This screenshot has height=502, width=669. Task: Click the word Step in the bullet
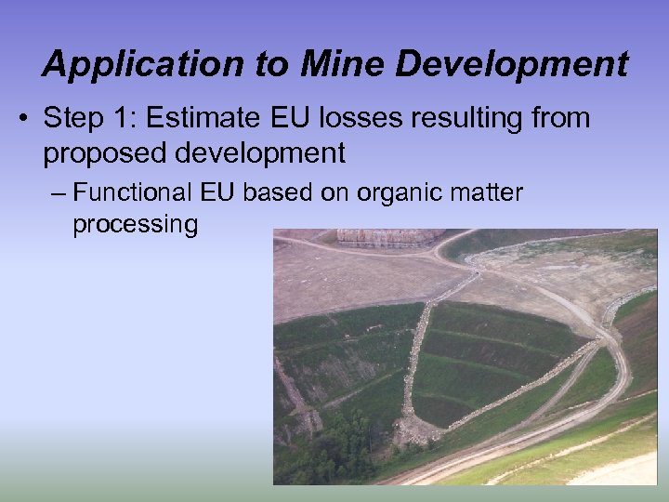[73, 119]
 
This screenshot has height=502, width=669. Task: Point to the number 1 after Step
[125, 119]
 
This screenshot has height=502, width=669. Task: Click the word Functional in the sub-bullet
[132, 193]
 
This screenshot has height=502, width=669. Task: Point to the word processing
[135, 224]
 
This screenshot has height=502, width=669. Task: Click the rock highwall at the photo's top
[389, 238]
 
